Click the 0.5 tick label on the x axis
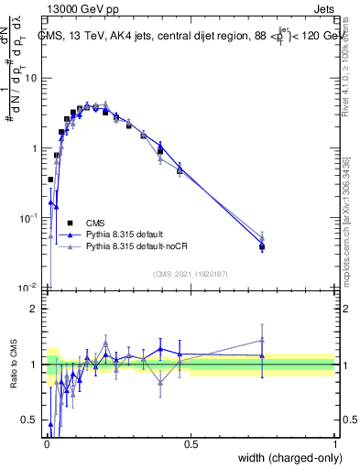click(191, 443)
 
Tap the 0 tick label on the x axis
click(46, 443)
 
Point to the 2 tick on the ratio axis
click(35, 309)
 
